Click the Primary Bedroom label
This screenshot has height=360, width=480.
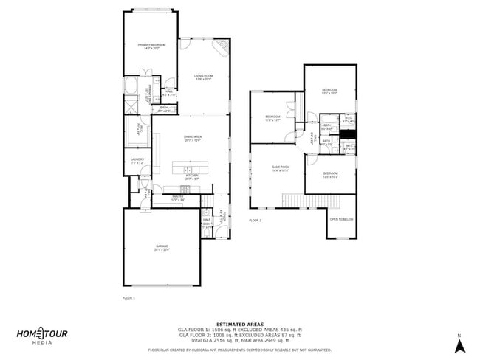151,46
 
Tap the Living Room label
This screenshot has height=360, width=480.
204,77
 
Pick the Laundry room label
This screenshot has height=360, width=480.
137,160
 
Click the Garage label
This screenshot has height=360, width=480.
162,247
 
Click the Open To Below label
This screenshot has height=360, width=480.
341,219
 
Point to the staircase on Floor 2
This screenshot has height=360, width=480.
304,200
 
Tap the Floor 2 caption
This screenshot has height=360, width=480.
255,220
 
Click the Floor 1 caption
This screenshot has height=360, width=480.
128,297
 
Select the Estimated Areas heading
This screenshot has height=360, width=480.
240,323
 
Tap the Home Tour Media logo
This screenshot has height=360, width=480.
42,336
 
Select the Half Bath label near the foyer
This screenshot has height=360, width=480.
206,221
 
